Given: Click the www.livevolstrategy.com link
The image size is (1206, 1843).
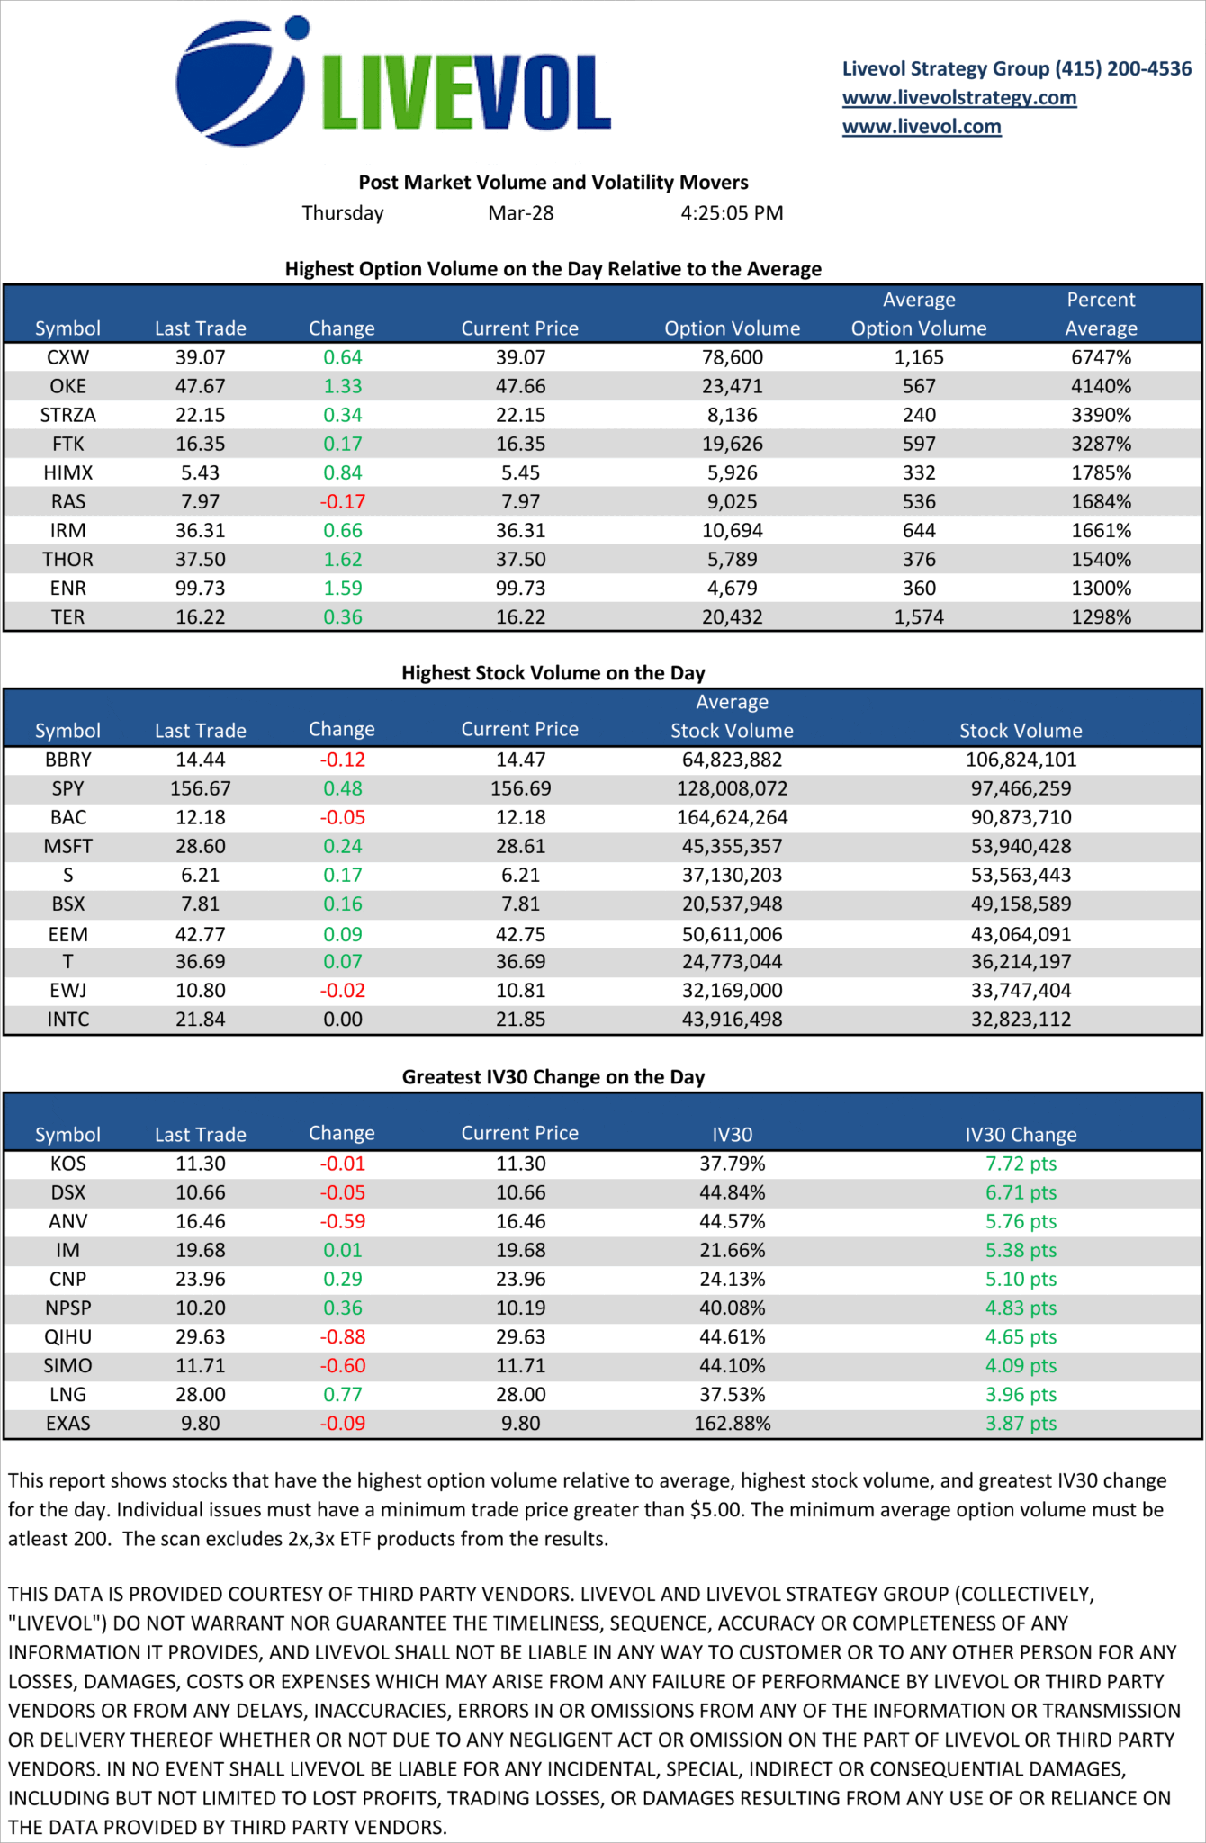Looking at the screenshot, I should click(x=959, y=97).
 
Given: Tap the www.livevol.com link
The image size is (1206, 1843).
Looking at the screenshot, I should click(x=922, y=127).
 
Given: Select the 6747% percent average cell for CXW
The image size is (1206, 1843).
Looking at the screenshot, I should click(x=1101, y=357).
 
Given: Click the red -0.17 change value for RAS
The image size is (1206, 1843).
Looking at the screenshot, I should click(x=343, y=501).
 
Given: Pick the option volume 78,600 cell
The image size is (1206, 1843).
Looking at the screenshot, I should click(x=732, y=357).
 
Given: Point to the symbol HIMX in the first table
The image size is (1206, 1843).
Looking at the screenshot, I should click(x=68, y=472).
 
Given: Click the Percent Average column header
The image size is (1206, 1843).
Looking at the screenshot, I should click(x=1101, y=313).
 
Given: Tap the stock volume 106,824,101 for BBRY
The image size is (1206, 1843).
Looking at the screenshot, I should click(x=1021, y=760).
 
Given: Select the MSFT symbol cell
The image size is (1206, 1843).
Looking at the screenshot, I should click(x=68, y=846).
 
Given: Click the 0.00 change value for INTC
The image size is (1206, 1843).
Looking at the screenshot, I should click(x=343, y=1020).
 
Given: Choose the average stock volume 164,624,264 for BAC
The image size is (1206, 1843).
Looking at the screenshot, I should click(x=732, y=817).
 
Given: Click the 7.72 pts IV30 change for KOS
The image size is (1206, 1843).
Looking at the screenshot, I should click(x=1021, y=1164).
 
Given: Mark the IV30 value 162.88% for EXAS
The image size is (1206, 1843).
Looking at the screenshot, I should click(x=732, y=1423).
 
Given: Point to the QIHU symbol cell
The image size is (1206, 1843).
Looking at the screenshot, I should click(x=68, y=1336).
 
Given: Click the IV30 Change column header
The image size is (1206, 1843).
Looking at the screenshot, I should click(x=1021, y=1135).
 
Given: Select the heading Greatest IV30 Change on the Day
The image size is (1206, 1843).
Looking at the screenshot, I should click(x=553, y=1077).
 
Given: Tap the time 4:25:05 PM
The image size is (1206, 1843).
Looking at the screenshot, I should click(x=732, y=213).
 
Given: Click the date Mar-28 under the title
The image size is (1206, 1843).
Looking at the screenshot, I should click(x=521, y=213).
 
